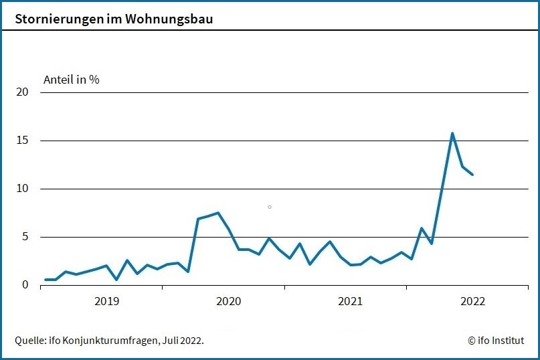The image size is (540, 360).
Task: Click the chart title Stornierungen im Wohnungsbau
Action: pyautogui.click(x=114, y=19)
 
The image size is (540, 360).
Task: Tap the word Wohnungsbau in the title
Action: pyautogui.click(x=171, y=19)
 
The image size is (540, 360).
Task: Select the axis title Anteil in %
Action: pyautogui.click(x=72, y=80)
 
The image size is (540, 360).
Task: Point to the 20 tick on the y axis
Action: pyautogui.click(x=22, y=92)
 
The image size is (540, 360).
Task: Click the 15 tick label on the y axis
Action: pyautogui.click(x=22, y=141)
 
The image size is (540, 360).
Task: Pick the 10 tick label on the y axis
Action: pyautogui.click(x=22, y=189)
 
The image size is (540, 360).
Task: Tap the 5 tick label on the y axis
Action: pyautogui.click(x=25, y=237)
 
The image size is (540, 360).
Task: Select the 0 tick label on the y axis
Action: pyautogui.click(x=25, y=285)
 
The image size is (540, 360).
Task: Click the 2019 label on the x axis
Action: pyautogui.click(x=107, y=302)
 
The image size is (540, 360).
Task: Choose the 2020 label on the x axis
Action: pyautogui.click(x=229, y=302)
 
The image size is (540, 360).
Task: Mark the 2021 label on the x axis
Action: pyautogui.click(x=351, y=302)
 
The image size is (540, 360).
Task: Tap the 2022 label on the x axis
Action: pyautogui.click(x=472, y=302)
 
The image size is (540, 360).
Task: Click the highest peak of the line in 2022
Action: pyautogui.click(x=452, y=133)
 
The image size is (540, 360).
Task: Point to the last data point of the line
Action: pyautogui.click(x=472, y=174)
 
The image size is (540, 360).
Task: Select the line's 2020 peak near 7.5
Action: pyautogui.click(x=218, y=213)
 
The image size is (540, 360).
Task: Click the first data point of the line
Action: pyautogui.click(x=46, y=280)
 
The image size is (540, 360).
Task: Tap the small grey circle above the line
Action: pyautogui.click(x=270, y=207)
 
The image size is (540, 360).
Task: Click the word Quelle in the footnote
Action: pyautogui.click(x=30, y=341)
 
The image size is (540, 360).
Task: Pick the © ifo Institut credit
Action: pyautogui.click(x=496, y=341)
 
